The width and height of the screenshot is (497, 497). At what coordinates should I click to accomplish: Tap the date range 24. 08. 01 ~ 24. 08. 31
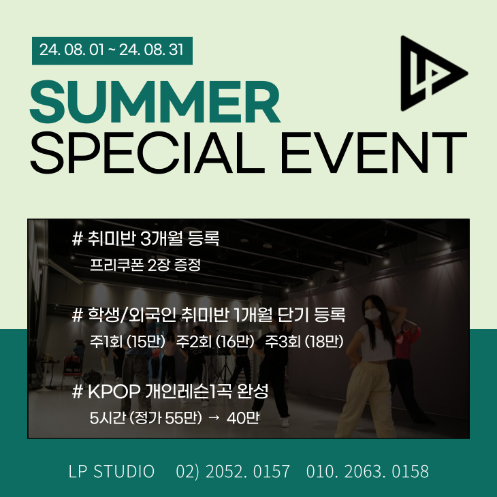(112, 50)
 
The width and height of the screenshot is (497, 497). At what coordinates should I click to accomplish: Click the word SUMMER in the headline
(155, 101)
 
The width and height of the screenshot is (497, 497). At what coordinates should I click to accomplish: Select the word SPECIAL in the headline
(147, 153)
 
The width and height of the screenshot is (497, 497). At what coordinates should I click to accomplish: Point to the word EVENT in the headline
(374, 153)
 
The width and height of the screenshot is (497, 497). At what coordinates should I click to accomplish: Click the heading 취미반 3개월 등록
(153, 238)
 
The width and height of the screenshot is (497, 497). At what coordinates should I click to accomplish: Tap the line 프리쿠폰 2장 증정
(145, 265)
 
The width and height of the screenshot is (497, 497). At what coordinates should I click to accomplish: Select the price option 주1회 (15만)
(127, 341)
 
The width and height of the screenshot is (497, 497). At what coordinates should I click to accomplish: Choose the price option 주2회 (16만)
(215, 341)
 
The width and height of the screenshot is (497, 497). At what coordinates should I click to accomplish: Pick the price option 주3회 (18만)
(304, 341)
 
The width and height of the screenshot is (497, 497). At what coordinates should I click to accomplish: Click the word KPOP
(114, 391)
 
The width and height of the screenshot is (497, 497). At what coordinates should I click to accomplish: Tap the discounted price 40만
(243, 418)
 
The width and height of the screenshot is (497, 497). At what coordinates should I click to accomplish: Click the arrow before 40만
(214, 418)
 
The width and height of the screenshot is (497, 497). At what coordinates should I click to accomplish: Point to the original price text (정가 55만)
(165, 418)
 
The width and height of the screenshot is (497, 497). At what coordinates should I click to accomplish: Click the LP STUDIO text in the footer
(112, 471)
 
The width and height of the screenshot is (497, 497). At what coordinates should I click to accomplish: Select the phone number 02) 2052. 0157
(233, 471)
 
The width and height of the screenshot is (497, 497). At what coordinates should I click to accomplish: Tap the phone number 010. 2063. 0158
(368, 471)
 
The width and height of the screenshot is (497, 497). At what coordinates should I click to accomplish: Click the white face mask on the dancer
(373, 314)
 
